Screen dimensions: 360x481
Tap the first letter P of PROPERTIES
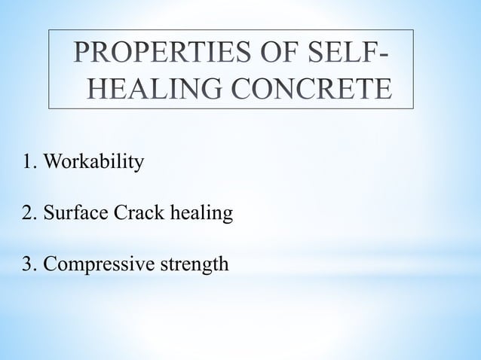[x=84, y=57]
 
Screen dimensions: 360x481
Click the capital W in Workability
[x=51, y=163]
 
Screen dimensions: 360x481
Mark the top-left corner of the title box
[x=50, y=30]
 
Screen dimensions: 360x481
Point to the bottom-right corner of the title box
[x=413, y=109]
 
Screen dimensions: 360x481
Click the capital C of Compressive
[x=49, y=264]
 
